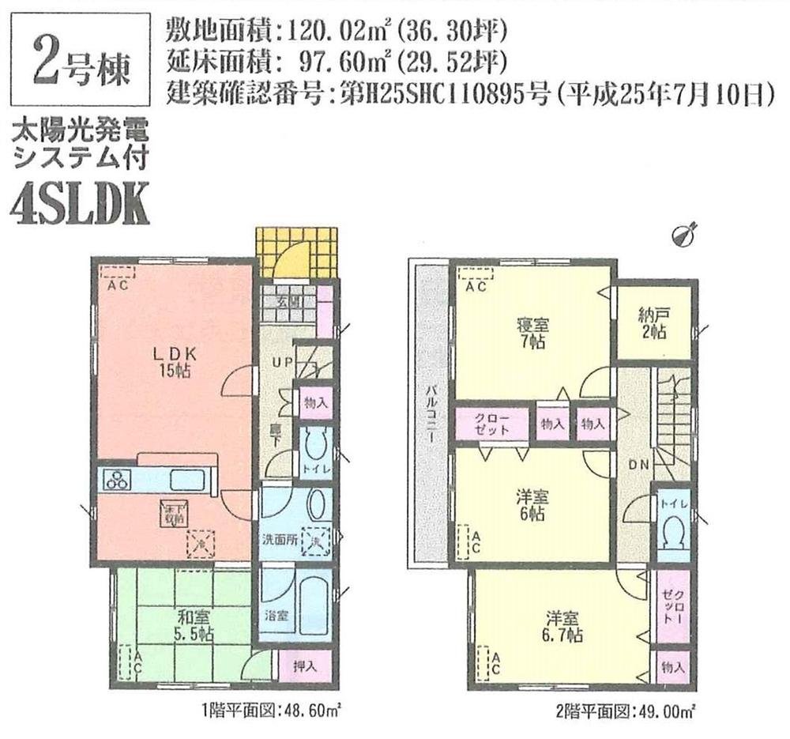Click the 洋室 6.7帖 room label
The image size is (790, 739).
(x=562, y=625)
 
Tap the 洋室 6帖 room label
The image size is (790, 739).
(x=533, y=506)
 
